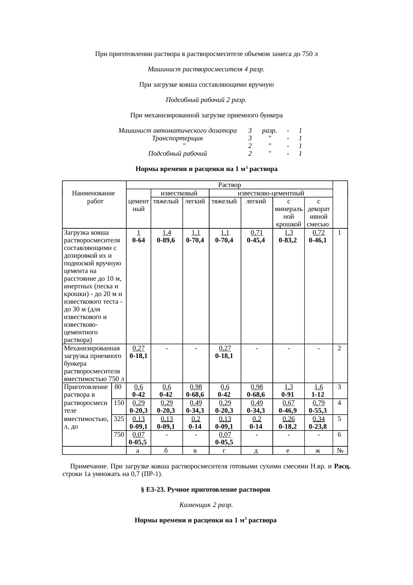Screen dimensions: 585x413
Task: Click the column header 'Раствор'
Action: pos(229,185)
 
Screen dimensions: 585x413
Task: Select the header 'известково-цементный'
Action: pos(271,193)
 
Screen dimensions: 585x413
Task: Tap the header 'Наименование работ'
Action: pos(94,197)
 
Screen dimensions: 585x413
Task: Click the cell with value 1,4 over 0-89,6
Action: pos(167,236)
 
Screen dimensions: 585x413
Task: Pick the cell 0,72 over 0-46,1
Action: pos(318,236)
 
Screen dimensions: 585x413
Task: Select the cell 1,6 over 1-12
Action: pos(318,391)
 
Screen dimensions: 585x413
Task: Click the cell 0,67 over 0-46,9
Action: pos(288,406)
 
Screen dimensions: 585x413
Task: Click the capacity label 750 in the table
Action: pos(119,434)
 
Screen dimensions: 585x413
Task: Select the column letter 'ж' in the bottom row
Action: pos(318,451)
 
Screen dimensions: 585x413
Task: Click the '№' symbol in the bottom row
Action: pos(340,451)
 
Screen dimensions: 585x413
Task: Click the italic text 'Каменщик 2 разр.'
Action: pos(206,505)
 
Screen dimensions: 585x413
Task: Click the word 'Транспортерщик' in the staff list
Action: pos(177,138)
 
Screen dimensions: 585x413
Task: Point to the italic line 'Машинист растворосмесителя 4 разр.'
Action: pos(206,69)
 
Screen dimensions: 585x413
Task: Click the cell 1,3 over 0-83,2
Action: pos(288,236)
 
